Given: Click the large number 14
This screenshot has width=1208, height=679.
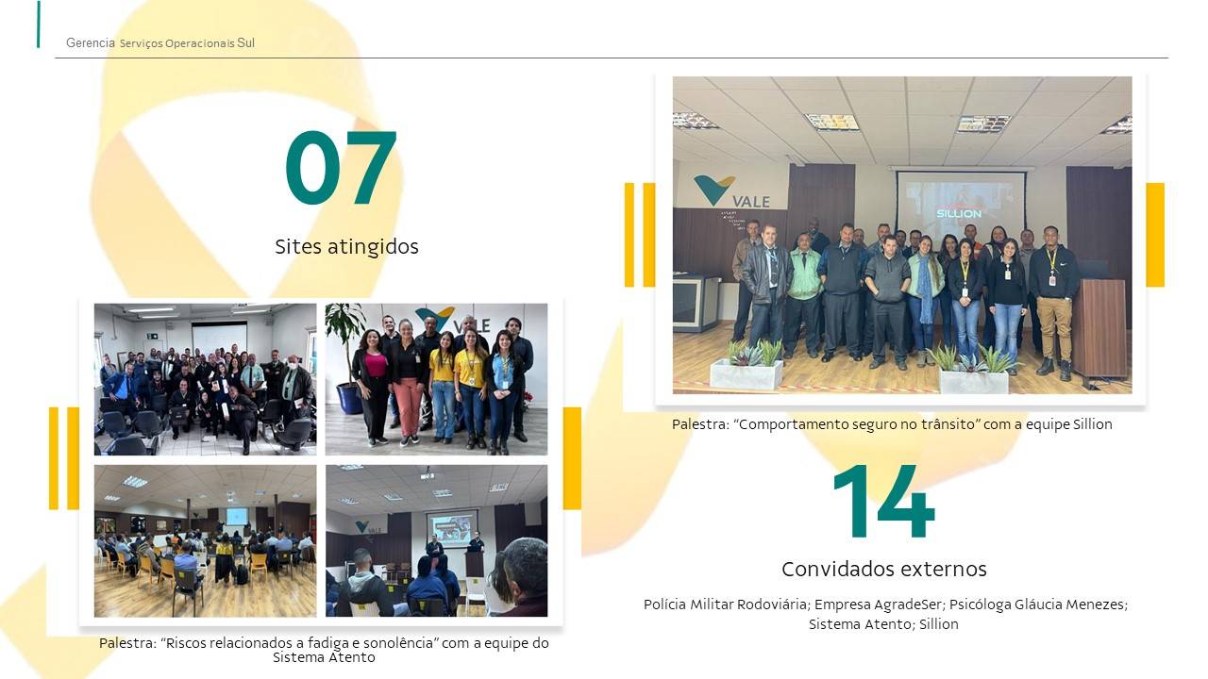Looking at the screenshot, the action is (884, 501).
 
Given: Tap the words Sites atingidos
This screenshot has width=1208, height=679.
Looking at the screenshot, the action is (346, 247).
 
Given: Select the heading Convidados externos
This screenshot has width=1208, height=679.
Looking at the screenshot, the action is (884, 569).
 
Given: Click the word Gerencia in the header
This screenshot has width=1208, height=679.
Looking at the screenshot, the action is (90, 42).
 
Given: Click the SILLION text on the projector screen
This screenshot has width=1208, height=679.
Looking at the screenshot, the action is (958, 214).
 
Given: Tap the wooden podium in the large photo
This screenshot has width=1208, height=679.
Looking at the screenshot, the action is (1099, 329).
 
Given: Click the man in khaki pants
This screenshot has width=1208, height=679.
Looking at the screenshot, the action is (1053, 302).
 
